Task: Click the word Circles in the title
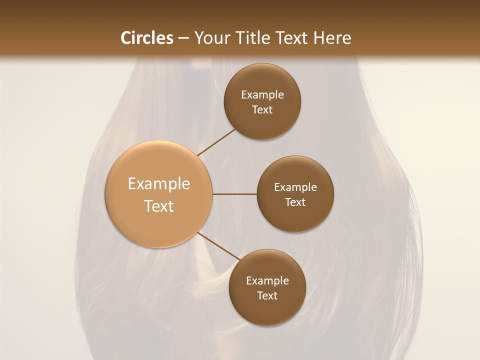(147, 38)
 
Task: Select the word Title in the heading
(252, 38)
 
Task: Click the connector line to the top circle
(216, 142)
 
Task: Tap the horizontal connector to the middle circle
(235, 194)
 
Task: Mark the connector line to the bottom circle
(218, 246)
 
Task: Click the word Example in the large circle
(159, 184)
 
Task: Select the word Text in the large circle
(159, 206)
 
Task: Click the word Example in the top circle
(262, 95)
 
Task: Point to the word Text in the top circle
(262, 110)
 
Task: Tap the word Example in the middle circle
(295, 187)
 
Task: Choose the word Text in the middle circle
(295, 202)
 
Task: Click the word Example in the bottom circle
(267, 281)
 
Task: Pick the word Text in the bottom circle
(267, 296)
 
